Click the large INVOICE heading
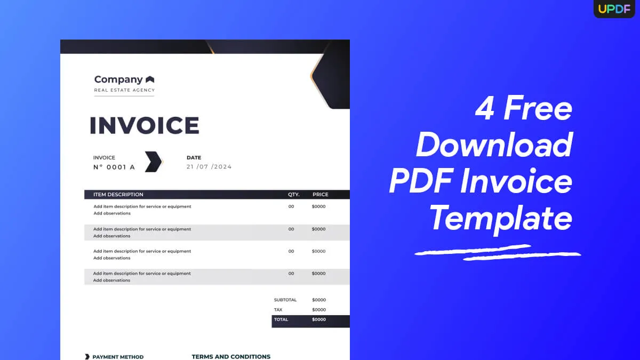(x=144, y=126)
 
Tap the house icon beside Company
(x=150, y=79)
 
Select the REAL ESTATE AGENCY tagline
(x=124, y=90)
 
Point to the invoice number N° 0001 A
(x=114, y=167)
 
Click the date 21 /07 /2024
(x=209, y=167)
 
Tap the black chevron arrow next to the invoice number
(x=153, y=162)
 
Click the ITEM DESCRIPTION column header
(x=118, y=195)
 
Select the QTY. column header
(x=294, y=195)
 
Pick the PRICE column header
(x=321, y=195)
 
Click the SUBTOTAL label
(x=285, y=300)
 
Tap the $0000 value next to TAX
(x=319, y=310)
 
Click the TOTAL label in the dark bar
(x=281, y=319)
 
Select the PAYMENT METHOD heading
(x=118, y=357)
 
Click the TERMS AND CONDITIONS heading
(x=231, y=357)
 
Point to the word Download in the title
(x=494, y=145)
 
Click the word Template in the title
(x=501, y=218)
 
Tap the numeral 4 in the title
(x=485, y=108)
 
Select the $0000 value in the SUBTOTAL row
(x=319, y=300)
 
